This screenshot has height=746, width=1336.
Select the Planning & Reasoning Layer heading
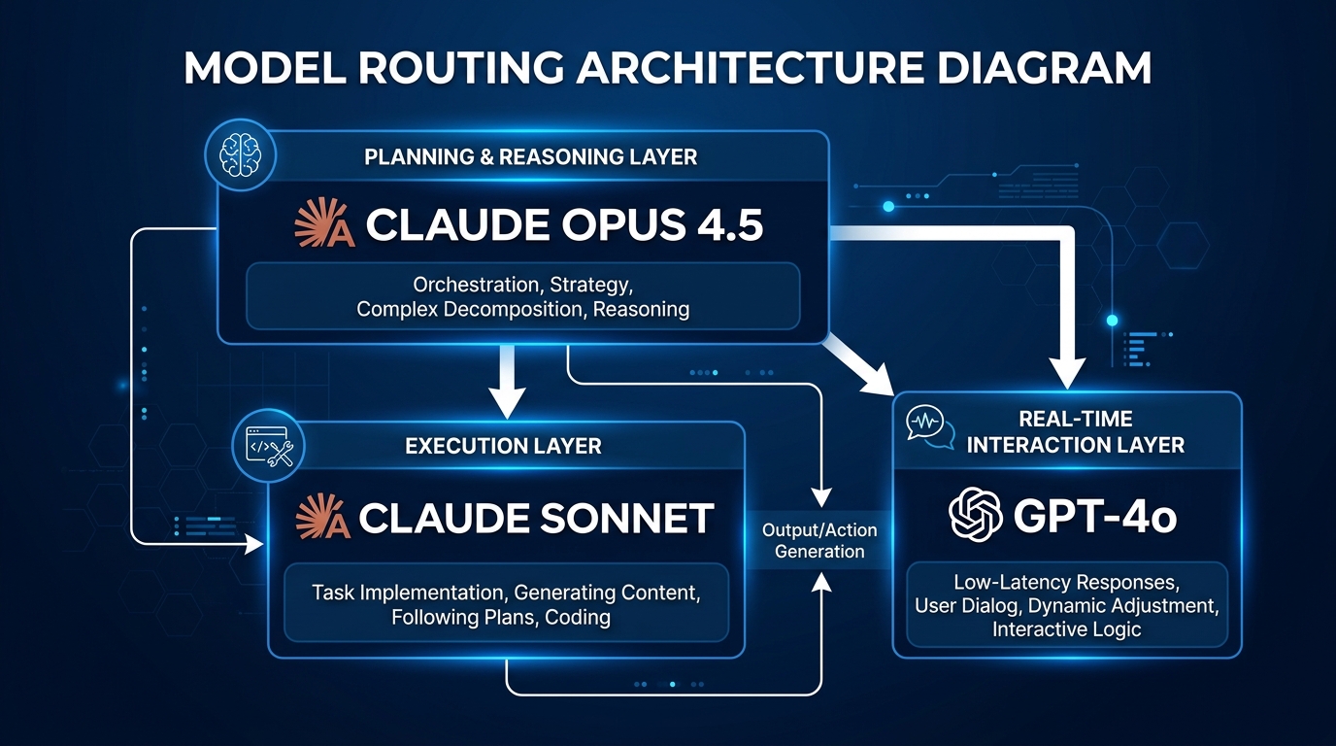click(x=530, y=156)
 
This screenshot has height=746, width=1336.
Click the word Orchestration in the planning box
click(x=477, y=286)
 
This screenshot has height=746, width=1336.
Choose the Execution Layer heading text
click(x=503, y=446)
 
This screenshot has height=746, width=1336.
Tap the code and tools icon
click(x=271, y=447)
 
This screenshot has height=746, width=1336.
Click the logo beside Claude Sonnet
click(x=321, y=518)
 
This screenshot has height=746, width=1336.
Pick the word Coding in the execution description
click(x=578, y=617)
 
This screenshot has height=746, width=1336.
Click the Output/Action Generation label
click(x=819, y=541)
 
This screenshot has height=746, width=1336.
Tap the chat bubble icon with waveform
click(x=929, y=427)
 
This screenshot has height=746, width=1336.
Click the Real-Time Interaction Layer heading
click(x=1075, y=432)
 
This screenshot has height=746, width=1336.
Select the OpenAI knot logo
click(x=975, y=516)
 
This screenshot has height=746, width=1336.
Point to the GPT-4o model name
click(x=1095, y=517)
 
